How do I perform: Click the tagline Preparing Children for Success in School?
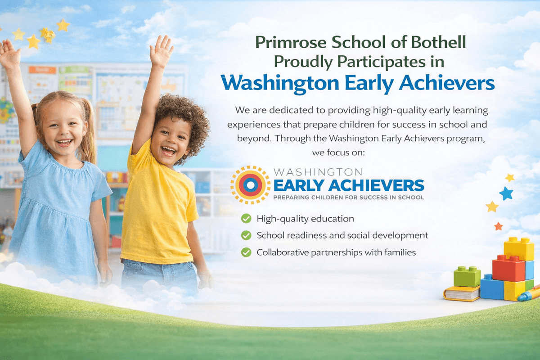tap(348, 197)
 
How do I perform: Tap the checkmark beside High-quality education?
tap(246, 219)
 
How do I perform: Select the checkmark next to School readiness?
tap(246, 235)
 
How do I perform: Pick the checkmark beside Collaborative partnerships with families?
tap(246, 252)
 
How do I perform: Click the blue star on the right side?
tap(506, 193)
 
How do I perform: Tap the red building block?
tap(508, 268)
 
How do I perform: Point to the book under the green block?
tap(461, 293)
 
